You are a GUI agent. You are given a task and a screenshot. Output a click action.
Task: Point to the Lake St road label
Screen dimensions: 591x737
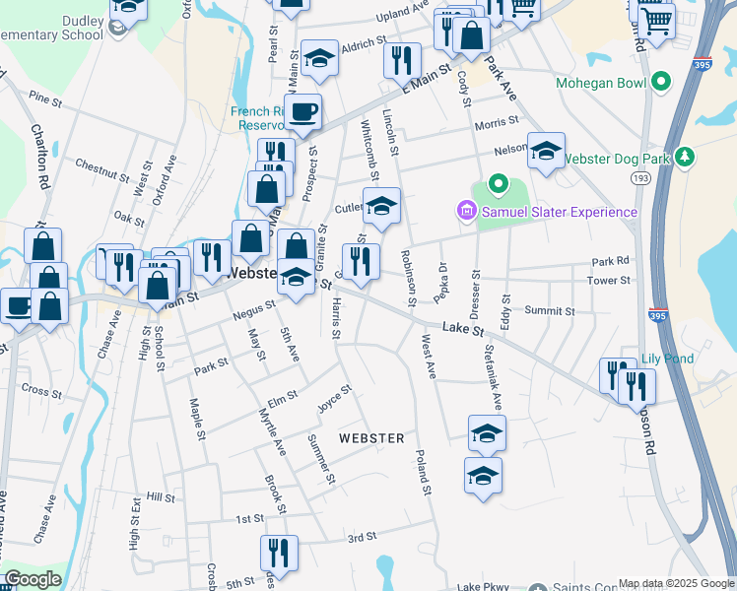point(462,328)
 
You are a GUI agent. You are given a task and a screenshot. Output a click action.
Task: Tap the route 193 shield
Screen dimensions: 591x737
point(640,177)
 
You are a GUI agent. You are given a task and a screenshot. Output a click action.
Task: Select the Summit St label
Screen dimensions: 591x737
point(549,311)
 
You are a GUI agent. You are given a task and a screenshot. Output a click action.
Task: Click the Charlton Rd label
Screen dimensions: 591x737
point(39,157)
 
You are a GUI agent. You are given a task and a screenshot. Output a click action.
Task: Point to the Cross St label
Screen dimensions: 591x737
point(41,391)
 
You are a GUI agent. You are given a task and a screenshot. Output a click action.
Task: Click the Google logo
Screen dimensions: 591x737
point(33,579)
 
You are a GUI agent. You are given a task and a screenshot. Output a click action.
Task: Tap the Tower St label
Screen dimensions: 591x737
point(608,281)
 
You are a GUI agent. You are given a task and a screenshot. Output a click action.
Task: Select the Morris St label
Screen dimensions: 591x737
point(496,123)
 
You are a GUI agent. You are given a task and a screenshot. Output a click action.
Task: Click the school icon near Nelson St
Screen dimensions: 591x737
point(546,151)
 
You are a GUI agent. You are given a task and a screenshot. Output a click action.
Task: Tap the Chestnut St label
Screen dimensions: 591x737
point(100,169)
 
